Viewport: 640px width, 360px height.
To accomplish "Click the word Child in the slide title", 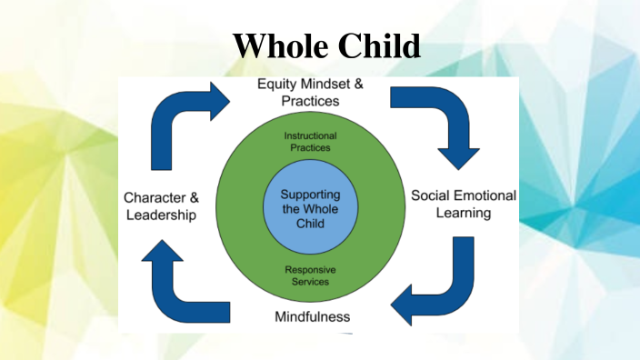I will (x=376, y=45).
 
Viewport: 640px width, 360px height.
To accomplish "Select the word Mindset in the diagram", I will (x=328, y=85).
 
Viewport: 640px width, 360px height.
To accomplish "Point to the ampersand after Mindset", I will (x=359, y=85).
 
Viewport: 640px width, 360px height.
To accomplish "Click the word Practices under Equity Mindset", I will (x=309, y=101).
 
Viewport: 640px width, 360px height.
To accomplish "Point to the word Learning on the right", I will (x=463, y=214).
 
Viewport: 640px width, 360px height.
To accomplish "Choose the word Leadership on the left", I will (x=161, y=215).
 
